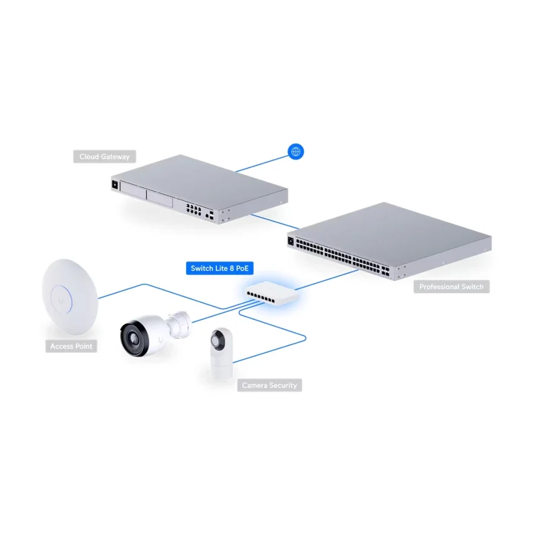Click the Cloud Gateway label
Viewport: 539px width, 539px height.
(x=104, y=156)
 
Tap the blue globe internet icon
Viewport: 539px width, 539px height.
(x=296, y=151)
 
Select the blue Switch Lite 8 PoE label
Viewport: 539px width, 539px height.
(x=220, y=268)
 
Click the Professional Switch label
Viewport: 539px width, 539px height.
(x=451, y=287)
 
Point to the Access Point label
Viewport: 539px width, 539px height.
(x=71, y=346)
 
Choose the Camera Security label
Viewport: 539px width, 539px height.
(x=269, y=385)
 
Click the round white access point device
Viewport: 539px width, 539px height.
(x=70, y=296)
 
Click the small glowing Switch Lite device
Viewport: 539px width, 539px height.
(x=272, y=293)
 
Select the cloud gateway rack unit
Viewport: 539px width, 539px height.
(x=199, y=189)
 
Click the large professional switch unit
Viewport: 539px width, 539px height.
(x=389, y=241)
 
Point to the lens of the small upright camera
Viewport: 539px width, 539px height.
(x=218, y=340)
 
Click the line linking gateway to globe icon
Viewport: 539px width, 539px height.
(x=262, y=164)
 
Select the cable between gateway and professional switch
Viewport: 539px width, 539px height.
(x=275, y=222)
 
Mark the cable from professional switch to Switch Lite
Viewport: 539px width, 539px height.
(x=327, y=280)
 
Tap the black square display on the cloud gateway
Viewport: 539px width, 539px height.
(x=115, y=185)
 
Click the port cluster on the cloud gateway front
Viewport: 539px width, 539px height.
(x=193, y=210)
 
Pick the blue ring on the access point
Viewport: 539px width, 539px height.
(x=62, y=298)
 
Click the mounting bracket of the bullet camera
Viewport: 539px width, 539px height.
(x=179, y=324)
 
